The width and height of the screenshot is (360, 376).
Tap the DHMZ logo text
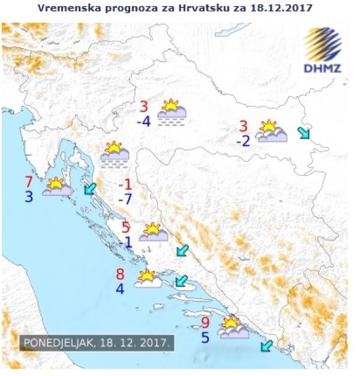[322, 68]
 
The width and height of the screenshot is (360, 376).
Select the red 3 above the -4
[144, 107]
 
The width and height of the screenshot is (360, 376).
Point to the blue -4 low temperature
[143, 121]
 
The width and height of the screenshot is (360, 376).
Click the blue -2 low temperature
[242, 141]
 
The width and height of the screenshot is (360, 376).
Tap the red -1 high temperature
[125, 184]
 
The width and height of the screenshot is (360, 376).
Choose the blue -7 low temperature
[125, 199]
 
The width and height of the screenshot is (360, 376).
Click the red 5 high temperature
[125, 228]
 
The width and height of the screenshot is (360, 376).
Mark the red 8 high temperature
[120, 274]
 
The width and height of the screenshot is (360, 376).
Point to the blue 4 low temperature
[120, 289]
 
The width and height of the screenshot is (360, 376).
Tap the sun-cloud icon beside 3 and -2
[271, 131]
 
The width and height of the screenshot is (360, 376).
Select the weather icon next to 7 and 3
[58, 187]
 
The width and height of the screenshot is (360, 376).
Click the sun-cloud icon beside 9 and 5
[233, 328]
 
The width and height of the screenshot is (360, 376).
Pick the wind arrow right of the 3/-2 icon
[304, 133]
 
